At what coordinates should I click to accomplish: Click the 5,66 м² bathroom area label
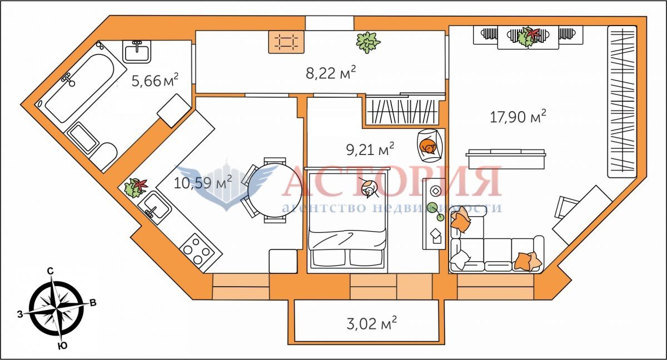pos(155,80)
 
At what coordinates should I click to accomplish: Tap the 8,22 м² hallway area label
pos(331,73)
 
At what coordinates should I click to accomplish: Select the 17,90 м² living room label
pos(518,116)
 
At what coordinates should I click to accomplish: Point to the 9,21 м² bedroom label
pos(370,149)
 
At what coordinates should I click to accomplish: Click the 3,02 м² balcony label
pos(372,323)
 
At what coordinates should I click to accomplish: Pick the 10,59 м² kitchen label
pos(203,182)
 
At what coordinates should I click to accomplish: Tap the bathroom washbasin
pos(137,52)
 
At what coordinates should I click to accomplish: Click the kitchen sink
pos(155,207)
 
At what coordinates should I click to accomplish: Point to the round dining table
pos(275,191)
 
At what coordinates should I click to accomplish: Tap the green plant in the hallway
pos(368,42)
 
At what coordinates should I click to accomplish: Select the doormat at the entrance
pos(286,42)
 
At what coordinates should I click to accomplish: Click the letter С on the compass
pos(51,271)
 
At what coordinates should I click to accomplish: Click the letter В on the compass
pos(93,303)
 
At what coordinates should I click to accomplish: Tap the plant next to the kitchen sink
pos(136,188)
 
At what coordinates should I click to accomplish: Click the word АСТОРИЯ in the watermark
pos(391,181)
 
